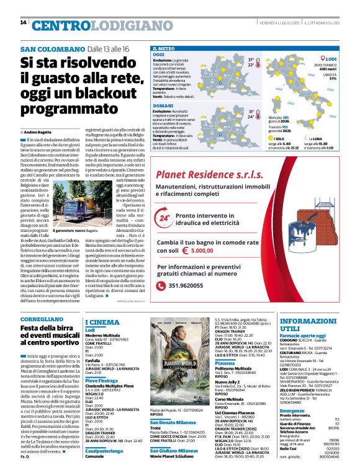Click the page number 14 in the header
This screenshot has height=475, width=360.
[x=23, y=23]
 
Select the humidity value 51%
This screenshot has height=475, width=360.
[x=333, y=79]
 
